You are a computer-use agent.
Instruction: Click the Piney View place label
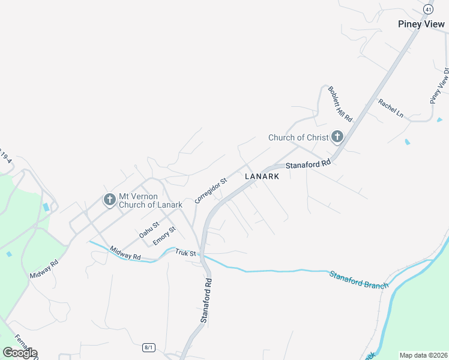(422, 24)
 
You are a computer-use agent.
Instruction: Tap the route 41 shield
(427, 9)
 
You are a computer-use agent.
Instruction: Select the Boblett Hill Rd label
(339, 101)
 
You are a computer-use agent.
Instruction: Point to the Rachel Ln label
(391, 107)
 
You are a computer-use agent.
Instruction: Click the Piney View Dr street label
(439, 85)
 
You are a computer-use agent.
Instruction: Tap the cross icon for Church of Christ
(337, 137)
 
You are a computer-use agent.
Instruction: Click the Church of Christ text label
(298, 137)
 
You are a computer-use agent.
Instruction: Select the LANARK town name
(262, 176)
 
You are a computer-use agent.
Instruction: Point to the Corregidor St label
(211, 190)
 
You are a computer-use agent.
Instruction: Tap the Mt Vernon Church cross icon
(109, 199)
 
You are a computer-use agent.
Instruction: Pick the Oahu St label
(149, 230)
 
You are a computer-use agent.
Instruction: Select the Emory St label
(164, 235)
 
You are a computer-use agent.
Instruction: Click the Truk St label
(185, 253)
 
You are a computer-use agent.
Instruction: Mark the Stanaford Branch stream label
(358, 280)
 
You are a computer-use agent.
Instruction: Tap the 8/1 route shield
(149, 347)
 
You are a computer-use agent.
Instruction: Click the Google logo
(19, 353)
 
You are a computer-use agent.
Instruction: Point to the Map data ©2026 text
(423, 355)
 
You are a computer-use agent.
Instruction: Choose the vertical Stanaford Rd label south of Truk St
(206, 301)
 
